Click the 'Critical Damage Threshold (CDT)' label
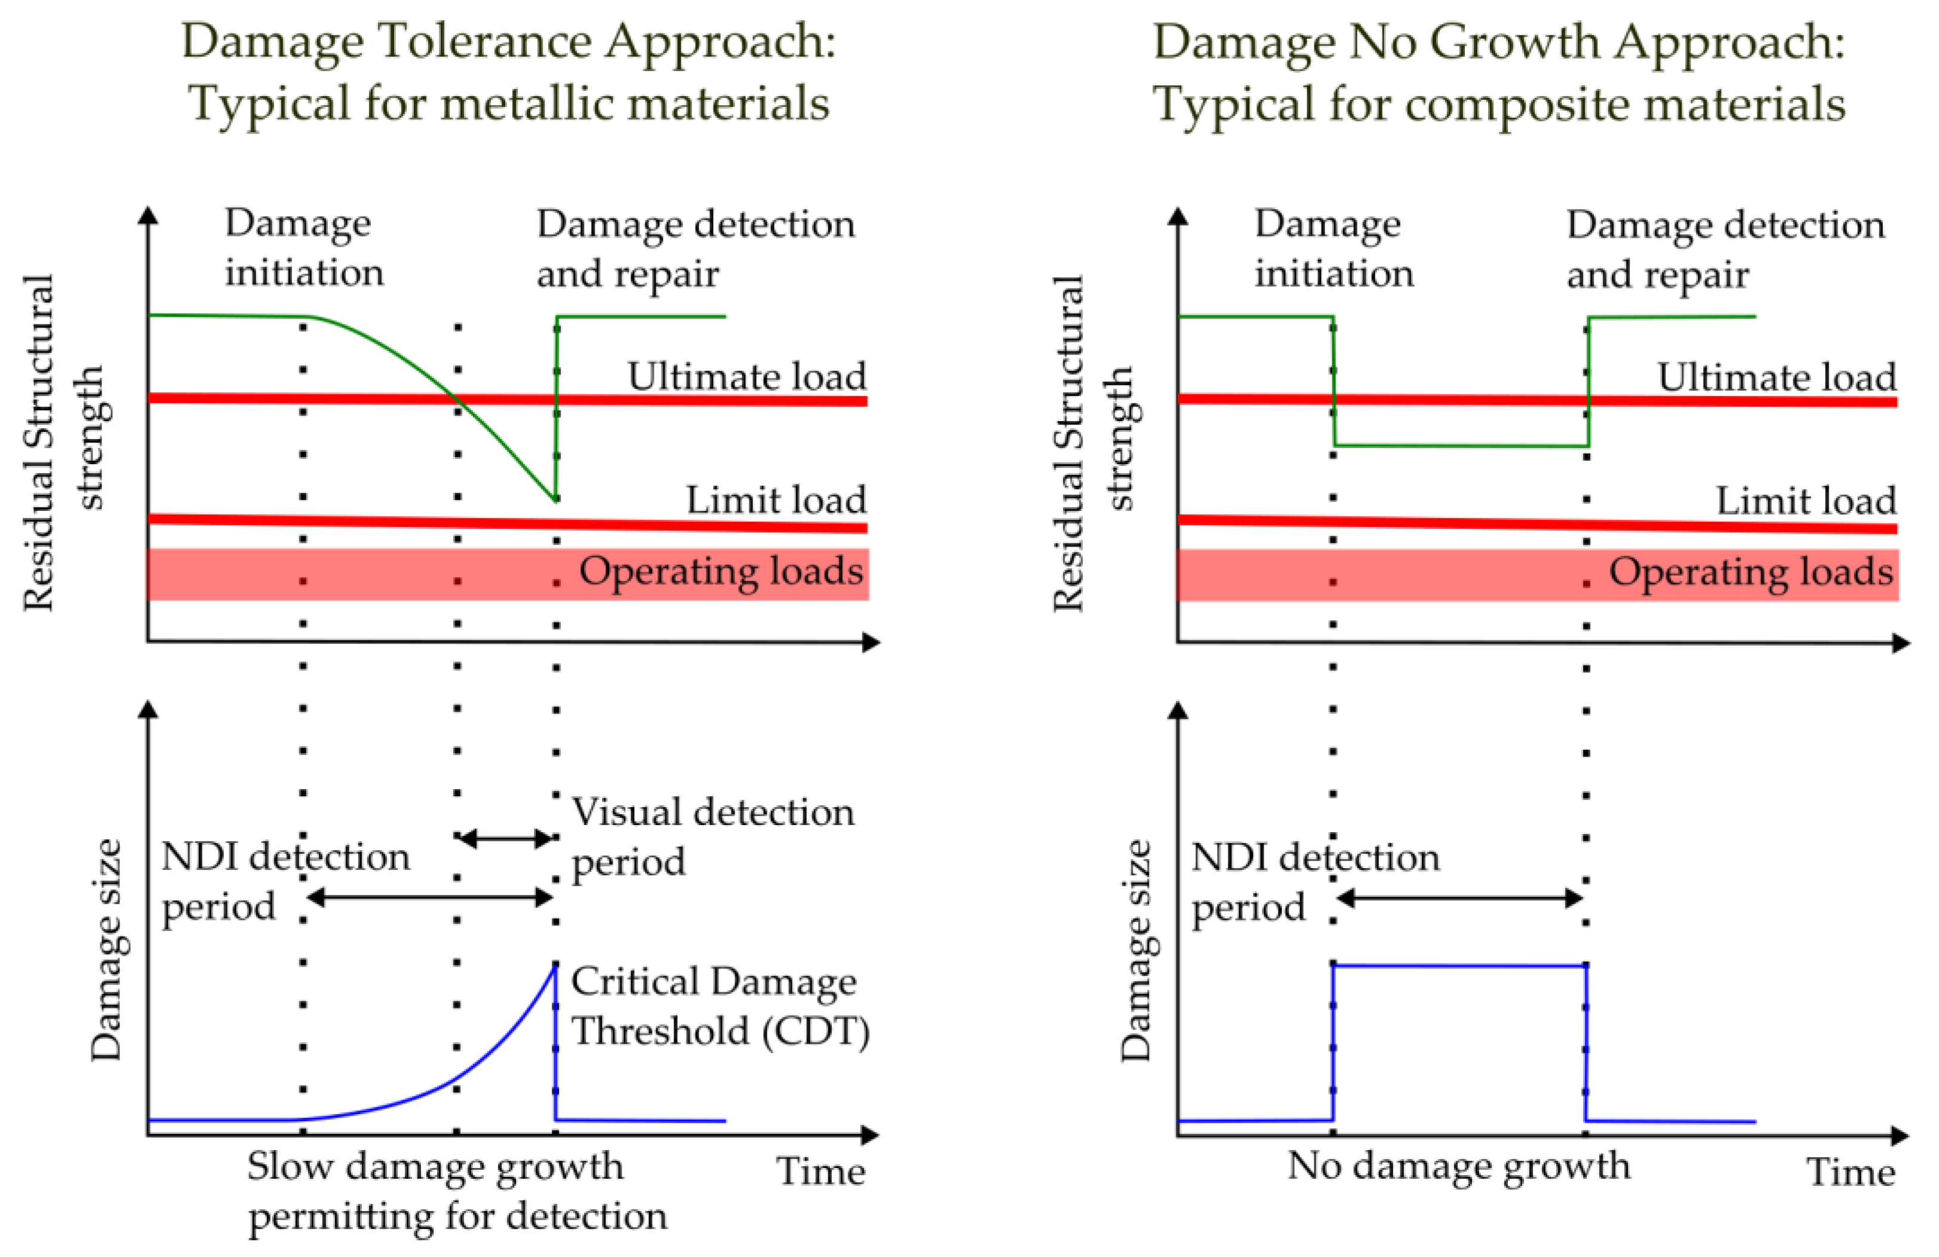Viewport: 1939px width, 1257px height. tap(720, 1006)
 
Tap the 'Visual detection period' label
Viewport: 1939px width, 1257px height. tap(712, 836)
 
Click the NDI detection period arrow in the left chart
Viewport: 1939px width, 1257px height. tap(430, 897)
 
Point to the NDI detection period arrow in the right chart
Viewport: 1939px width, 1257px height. tap(1460, 899)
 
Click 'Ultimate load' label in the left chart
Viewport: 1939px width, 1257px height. tap(746, 376)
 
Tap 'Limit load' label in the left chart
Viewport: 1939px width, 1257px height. tap(776, 499)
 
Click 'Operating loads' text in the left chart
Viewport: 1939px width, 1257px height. tap(721, 571)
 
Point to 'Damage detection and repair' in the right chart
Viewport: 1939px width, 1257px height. tap(1725, 249)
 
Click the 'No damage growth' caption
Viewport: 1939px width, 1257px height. tap(1458, 1166)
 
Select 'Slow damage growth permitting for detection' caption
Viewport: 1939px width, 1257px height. tap(457, 1191)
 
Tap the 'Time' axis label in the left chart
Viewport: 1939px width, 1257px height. tap(821, 1172)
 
